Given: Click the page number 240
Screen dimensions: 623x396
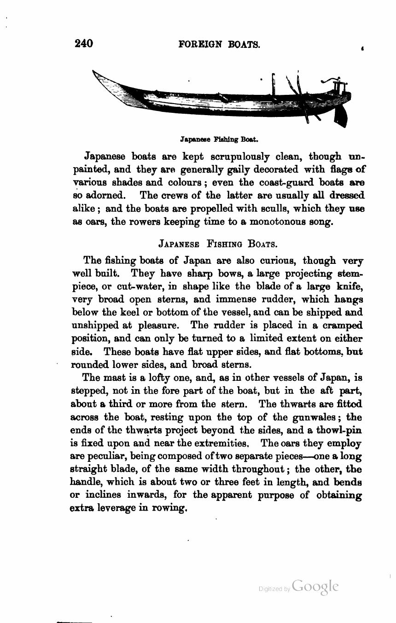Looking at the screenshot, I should (x=83, y=44).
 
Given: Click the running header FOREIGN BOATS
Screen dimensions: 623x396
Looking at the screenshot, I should (x=219, y=45).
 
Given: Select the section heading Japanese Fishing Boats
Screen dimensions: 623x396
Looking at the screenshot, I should (x=218, y=243).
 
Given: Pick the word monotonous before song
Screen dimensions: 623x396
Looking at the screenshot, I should (x=273, y=221).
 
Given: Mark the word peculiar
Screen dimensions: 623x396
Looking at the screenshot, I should (x=106, y=457).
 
